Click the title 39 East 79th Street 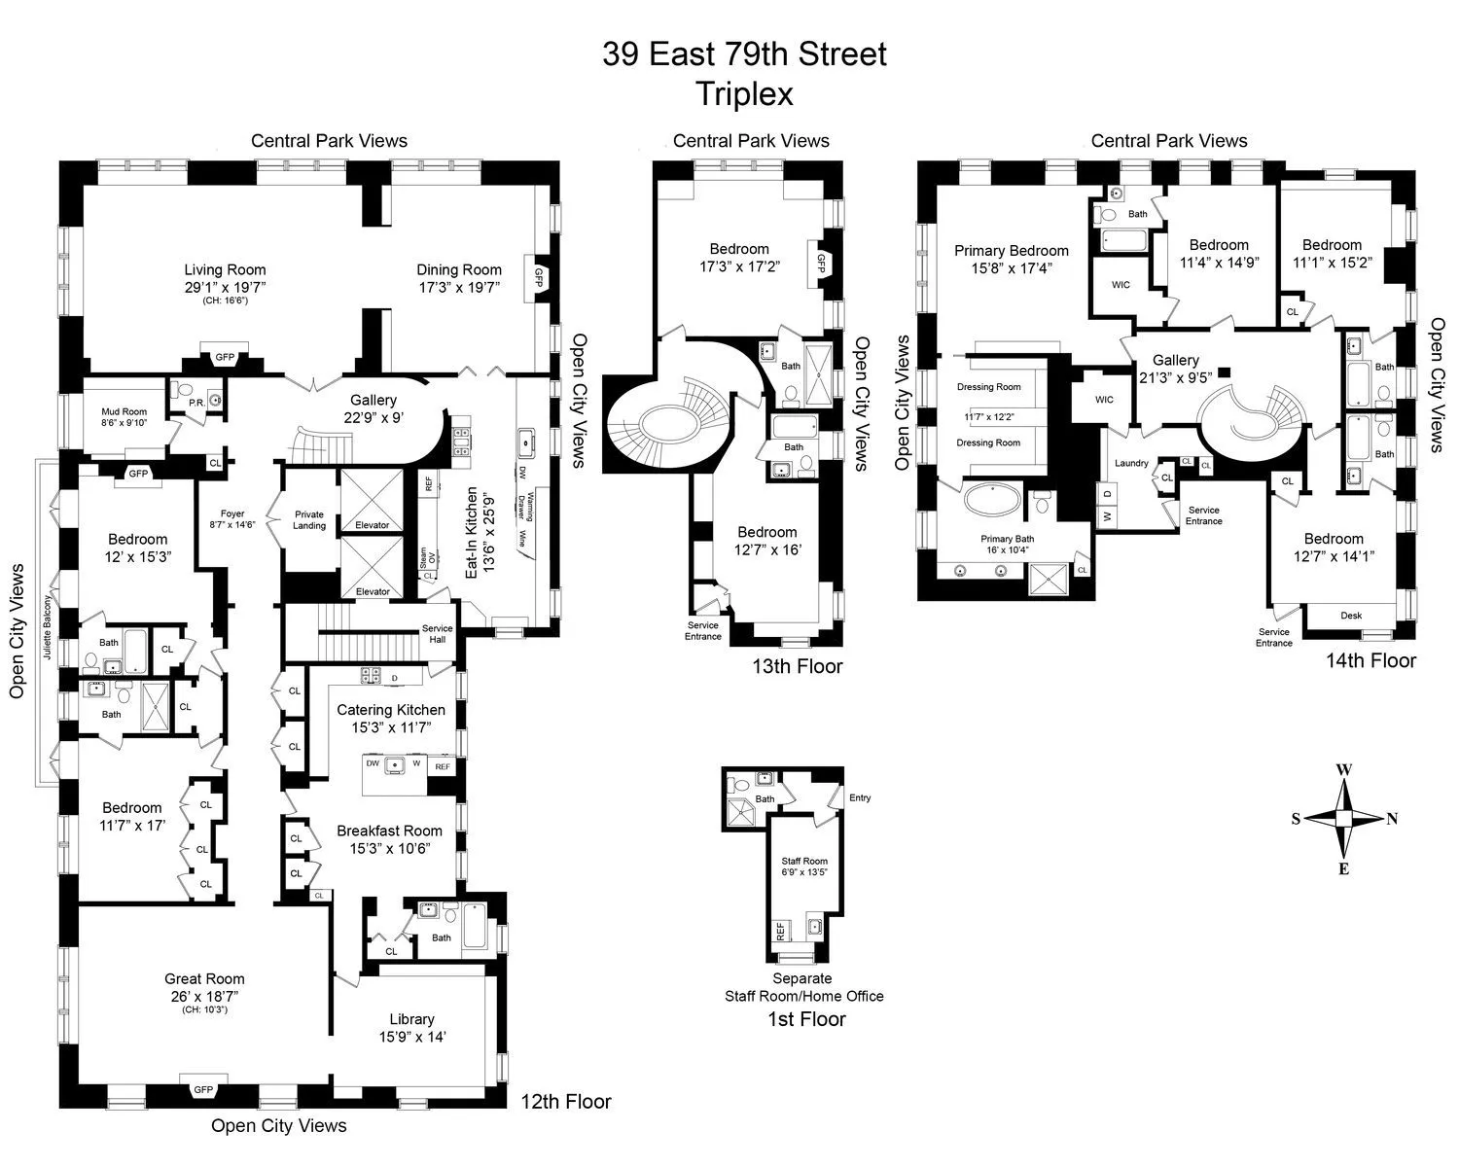click(x=744, y=53)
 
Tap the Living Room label click(x=225, y=270)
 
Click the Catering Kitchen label click(x=391, y=710)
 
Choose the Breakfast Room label click(x=389, y=831)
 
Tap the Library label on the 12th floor click(x=411, y=1019)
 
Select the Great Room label click(x=204, y=979)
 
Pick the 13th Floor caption click(x=797, y=666)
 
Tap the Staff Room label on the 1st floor click(x=804, y=861)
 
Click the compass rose click(x=1343, y=819)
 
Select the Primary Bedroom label click(x=1011, y=251)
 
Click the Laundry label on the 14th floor click(x=1131, y=463)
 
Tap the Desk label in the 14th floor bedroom click(x=1350, y=616)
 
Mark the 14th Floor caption click(x=1370, y=660)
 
